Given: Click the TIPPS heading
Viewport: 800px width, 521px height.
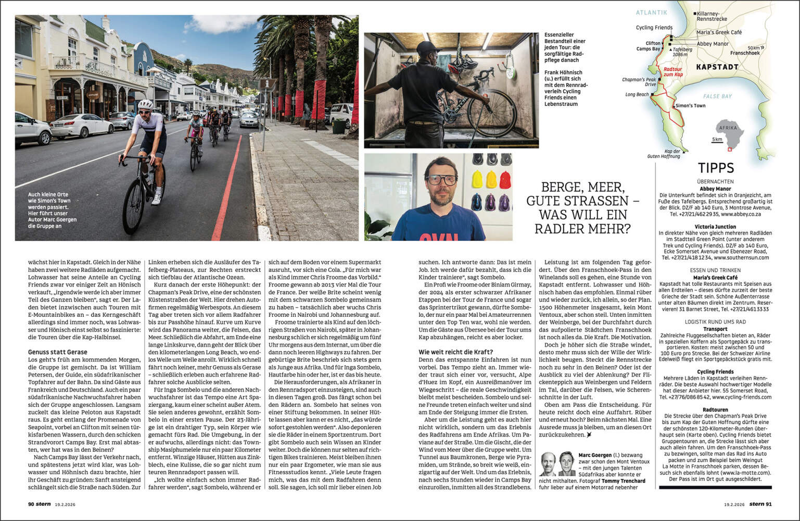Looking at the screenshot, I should (716, 168).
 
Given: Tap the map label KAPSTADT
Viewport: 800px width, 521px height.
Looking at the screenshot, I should (717, 67).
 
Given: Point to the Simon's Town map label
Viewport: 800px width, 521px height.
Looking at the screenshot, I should (690, 106).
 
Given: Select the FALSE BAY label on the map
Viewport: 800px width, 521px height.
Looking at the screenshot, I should (717, 96).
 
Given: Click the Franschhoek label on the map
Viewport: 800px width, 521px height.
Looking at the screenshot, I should (744, 53).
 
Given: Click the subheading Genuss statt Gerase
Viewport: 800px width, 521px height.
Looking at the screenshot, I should (57, 352).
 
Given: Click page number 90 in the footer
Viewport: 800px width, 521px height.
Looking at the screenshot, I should (31, 504).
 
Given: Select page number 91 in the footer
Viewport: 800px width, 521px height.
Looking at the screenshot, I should (769, 504).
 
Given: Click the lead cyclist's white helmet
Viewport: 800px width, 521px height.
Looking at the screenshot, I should (146, 104).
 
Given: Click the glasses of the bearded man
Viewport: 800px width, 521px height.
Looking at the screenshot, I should (441, 180).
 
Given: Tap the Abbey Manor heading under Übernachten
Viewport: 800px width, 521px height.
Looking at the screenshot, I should (715, 189).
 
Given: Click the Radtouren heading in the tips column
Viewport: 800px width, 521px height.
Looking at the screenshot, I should (715, 410).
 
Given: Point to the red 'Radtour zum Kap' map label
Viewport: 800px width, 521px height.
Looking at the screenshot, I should (672, 72).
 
